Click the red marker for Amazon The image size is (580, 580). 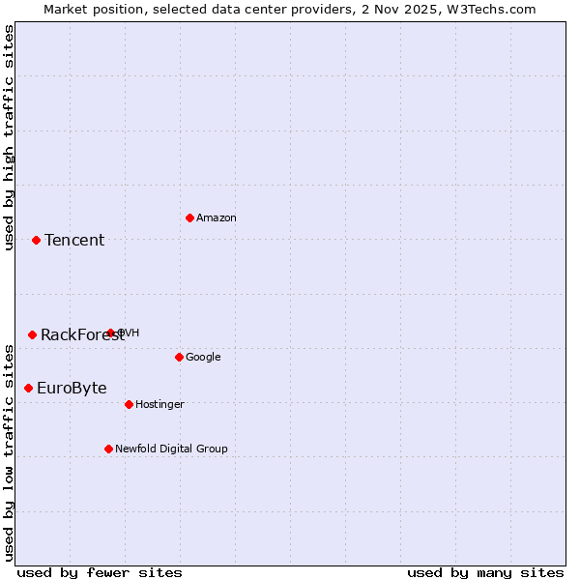(189, 217)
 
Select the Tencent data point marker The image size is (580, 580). (36, 240)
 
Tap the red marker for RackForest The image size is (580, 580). (32, 334)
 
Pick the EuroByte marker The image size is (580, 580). (28, 388)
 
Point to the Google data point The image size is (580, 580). (179, 357)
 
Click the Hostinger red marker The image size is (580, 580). (129, 404)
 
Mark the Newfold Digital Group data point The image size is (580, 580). (108, 449)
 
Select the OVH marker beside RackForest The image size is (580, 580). (110, 333)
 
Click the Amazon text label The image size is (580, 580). (217, 218)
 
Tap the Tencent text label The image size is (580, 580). (74, 241)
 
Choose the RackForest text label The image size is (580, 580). (81, 335)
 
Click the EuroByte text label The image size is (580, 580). (72, 389)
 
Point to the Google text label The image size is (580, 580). (203, 358)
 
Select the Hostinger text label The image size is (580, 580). (159, 405)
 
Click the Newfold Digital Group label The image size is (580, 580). (171, 449)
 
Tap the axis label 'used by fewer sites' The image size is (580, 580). (100, 572)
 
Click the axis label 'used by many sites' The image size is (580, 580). (485, 572)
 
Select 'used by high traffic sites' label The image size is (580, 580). (10, 137)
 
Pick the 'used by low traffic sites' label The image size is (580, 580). (10, 451)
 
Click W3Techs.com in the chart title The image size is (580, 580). (495, 9)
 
